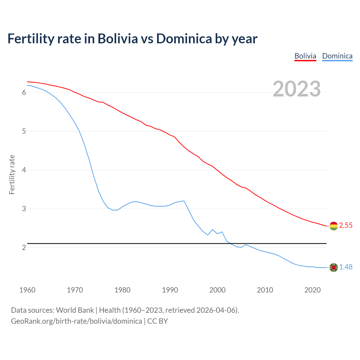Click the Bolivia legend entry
[x=305, y=56]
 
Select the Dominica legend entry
[x=337, y=56]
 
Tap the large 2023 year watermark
[x=297, y=89]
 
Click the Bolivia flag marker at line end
[x=334, y=226]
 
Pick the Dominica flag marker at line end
[x=334, y=267]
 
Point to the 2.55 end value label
[x=346, y=226]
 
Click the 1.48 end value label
[x=346, y=267]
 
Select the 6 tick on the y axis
[x=24, y=93]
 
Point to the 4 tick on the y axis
[x=24, y=170]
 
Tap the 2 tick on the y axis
[x=24, y=248]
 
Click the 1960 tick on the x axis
[x=27, y=290]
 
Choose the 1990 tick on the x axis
[x=170, y=290]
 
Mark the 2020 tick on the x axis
[x=312, y=290]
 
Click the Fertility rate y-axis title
[x=12, y=174]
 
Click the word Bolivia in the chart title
[x=118, y=39]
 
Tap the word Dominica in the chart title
[x=184, y=39]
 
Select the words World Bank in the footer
[x=75, y=310]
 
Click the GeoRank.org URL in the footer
[x=76, y=321]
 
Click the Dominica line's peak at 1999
[x=212, y=229]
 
